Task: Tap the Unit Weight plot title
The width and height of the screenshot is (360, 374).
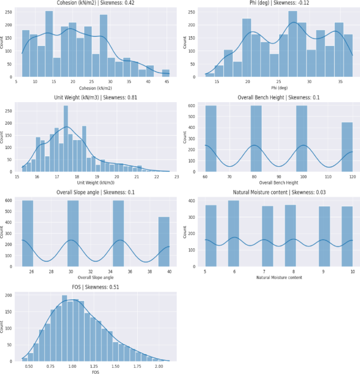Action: coord(95,97)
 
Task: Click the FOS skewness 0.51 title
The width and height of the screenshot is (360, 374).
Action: coord(95,287)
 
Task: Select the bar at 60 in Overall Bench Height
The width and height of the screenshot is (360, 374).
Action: coord(211,139)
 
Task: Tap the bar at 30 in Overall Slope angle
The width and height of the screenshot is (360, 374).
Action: coord(73,234)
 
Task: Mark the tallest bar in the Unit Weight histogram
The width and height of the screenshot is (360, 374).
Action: coord(66,139)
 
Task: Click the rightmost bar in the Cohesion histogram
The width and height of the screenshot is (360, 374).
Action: coord(166,73)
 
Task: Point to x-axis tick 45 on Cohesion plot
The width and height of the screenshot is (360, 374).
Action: coord(166,82)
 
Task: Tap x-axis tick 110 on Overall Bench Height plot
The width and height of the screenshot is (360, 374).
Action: coord(331,177)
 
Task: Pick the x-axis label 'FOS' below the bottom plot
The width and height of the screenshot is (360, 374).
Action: coord(95,372)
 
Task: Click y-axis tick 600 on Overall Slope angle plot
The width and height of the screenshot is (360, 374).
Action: coord(11,200)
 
